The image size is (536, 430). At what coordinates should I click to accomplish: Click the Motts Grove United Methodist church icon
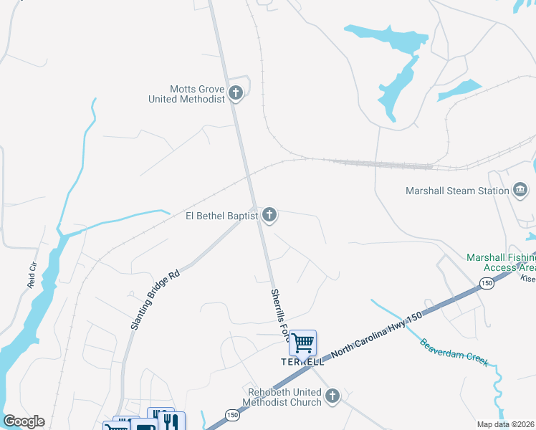(x=236, y=92)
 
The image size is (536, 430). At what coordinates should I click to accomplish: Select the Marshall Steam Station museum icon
(x=520, y=190)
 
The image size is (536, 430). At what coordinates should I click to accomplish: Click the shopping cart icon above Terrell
(x=303, y=343)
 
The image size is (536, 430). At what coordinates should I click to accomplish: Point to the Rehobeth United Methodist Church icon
(x=332, y=396)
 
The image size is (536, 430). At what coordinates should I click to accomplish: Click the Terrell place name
(x=302, y=363)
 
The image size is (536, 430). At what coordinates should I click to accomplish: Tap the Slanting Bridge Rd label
(x=154, y=300)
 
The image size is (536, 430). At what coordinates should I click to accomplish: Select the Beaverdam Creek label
(x=455, y=352)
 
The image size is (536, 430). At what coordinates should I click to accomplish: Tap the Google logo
(x=24, y=421)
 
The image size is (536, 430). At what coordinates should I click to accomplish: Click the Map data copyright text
(x=505, y=424)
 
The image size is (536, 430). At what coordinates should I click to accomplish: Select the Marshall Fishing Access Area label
(x=500, y=262)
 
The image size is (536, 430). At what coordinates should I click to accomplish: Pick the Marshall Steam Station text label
(x=456, y=191)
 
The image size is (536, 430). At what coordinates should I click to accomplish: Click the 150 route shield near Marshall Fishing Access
(x=487, y=284)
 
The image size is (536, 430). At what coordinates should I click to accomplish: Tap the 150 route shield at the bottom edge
(x=232, y=414)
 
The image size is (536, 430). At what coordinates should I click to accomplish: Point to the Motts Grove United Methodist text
(x=187, y=94)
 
